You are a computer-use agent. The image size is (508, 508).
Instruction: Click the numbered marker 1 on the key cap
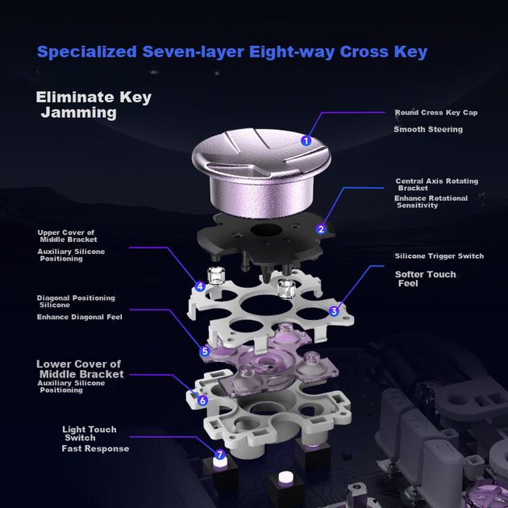point(306,140)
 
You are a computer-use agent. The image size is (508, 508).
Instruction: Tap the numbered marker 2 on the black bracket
point(321,229)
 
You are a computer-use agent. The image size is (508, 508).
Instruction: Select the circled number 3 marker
point(334,311)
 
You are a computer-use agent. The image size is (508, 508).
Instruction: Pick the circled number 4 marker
point(200,286)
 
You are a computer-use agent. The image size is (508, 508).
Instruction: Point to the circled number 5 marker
point(205,352)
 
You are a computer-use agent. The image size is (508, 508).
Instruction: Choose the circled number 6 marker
point(202,401)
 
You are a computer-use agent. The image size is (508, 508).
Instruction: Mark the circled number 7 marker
point(219,455)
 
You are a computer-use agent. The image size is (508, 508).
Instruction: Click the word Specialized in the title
point(87,52)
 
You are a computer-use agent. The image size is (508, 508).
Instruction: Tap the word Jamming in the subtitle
point(79,113)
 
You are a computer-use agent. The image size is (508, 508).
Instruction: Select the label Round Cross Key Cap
point(436,112)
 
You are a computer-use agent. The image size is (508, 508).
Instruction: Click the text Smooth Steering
point(428,129)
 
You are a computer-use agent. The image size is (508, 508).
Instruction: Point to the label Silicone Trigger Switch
point(439,256)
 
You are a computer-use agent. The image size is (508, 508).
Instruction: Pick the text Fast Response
point(95,448)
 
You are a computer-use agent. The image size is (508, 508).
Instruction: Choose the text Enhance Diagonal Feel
point(79,317)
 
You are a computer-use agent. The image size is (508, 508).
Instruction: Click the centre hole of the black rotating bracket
point(266,231)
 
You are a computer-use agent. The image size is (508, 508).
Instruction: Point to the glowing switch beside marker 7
point(220,463)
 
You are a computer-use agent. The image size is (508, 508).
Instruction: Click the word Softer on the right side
point(409,274)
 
